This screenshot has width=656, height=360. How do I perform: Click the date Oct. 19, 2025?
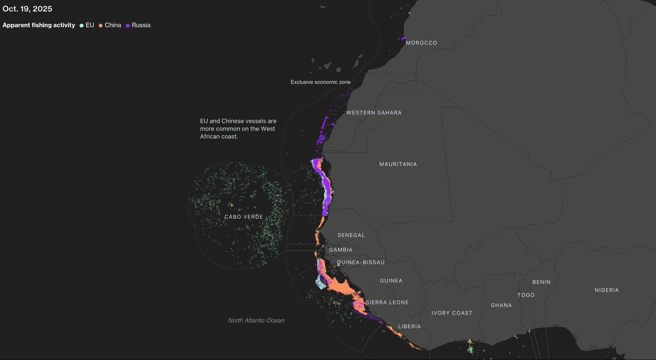[x=27, y=9]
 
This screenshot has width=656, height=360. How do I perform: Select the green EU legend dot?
[x=82, y=25]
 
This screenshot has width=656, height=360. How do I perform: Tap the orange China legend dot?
[x=100, y=25]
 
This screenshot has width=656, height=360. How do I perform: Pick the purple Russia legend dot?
[x=128, y=25]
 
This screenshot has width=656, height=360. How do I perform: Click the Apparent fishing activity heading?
[x=39, y=25]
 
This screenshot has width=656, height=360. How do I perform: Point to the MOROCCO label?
[x=421, y=43]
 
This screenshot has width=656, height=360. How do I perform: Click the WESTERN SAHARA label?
[x=374, y=113]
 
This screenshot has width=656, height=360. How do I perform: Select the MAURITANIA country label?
[x=398, y=164]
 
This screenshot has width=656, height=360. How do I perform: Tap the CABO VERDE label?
[x=244, y=217]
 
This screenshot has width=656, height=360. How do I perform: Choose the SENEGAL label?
[x=351, y=235]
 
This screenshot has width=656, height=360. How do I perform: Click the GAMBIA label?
[x=341, y=250]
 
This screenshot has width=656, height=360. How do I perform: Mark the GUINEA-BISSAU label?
[x=361, y=262]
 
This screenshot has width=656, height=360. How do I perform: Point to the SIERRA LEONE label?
[x=387, y=302]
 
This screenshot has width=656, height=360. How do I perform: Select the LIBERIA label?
[x=409, y=327]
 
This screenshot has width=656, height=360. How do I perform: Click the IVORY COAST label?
[x=452, y=313]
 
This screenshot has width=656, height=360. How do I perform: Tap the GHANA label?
[x=501, y=305]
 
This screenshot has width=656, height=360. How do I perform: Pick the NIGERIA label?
[x=606, y=290]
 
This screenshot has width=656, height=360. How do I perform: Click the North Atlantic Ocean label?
[x=256, y=321]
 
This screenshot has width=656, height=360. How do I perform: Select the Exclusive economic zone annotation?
[x=320, y=82]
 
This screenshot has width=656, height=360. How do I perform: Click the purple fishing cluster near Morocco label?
[x=404, y=38]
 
